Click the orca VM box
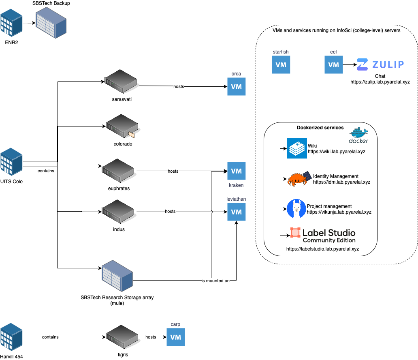(x=236, y=86)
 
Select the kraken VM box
(x=236, y=171)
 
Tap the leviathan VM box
(x=236, y=212)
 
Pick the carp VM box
(x=175, y=337)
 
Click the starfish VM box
(x=281, y=65)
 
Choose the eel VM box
(x=333, y=65)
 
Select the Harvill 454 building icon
(x=11, y=337)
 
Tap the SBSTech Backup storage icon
(x=51, y=23)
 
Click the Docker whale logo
(x=358, y=135)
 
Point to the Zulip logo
(x=380, y=64)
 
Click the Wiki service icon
(x=297, y=148)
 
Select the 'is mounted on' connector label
(x=212, y=281)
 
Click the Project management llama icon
(x=296, y=209)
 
